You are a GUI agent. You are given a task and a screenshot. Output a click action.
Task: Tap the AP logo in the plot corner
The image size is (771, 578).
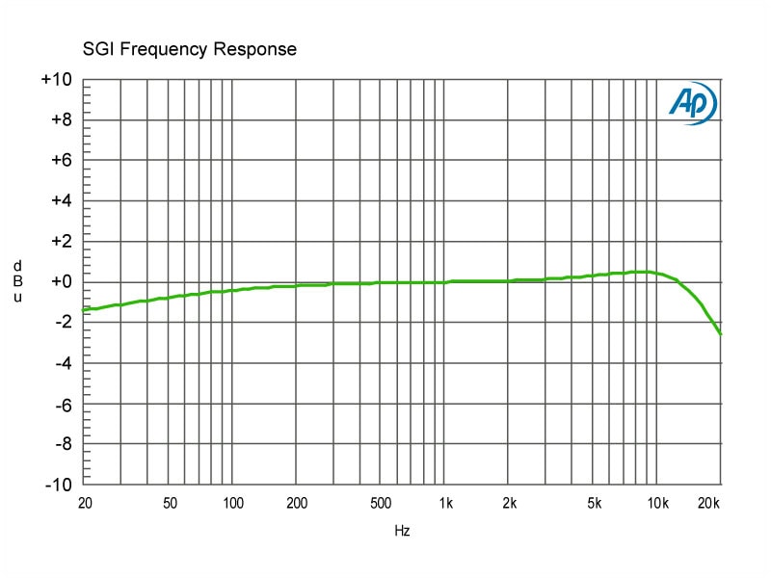coord(692,104)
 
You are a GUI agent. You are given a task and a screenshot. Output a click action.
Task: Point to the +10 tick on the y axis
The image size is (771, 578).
coord(57,80)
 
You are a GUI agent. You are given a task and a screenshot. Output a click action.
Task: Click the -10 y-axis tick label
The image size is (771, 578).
coord(57,485)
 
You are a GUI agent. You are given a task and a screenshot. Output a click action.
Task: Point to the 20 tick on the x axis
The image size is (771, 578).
coord(85,503)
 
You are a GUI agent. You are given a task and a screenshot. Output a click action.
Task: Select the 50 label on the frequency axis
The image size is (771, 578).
coord(170,503)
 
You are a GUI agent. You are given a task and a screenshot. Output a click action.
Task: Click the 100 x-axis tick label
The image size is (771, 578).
coord(233,503)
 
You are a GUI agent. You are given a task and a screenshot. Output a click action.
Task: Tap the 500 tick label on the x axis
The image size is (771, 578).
coord(381,503)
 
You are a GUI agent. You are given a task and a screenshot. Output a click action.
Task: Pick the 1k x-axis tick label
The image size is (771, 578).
coord(445,503)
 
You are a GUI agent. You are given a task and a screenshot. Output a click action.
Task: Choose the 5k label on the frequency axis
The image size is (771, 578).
coord(594,503)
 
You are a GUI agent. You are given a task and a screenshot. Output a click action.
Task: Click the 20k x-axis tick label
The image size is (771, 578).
coord(709,503)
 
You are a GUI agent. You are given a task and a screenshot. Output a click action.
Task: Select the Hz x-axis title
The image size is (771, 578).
coord(403,531)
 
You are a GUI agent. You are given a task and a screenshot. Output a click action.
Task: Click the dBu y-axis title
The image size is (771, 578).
coord(16,281)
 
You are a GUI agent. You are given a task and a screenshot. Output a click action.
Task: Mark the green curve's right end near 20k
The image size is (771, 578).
coord(720,333)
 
